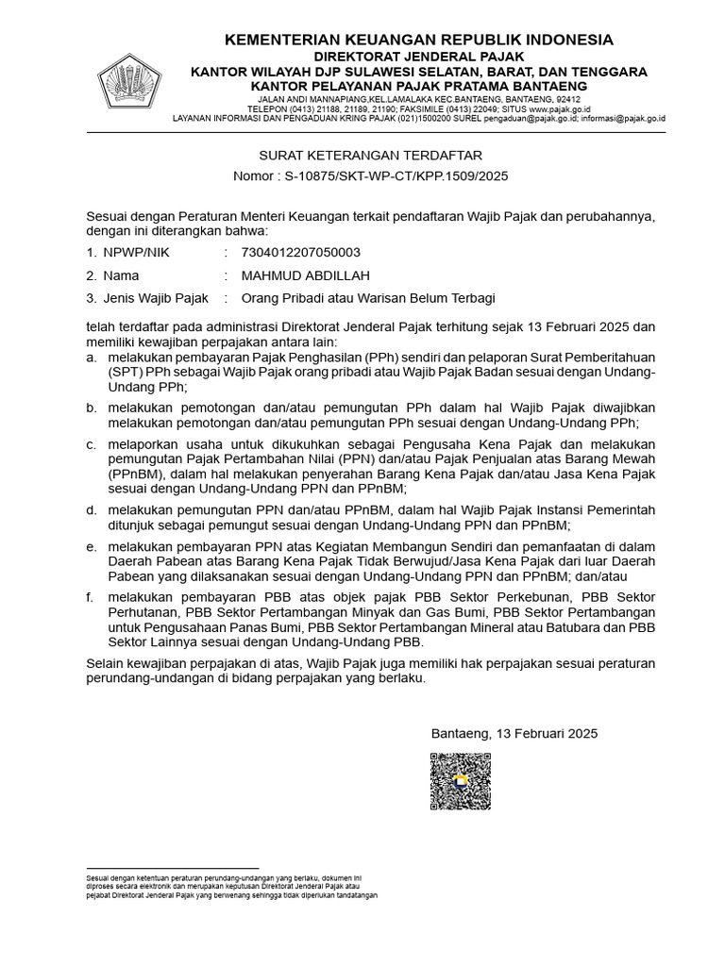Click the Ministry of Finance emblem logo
pos(130,81)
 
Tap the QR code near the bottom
pos(460,781)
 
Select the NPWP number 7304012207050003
pos(300,252)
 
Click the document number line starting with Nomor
pos(370,176)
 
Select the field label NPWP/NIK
pos(141,252)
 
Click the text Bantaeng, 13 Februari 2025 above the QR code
pos(514,733)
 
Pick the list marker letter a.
pos(90,359)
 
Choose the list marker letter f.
pos(89,596)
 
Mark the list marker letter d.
pos(90,510)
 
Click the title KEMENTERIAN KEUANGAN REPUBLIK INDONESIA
pos(418,40)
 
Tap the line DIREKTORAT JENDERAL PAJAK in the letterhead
pos(418,57)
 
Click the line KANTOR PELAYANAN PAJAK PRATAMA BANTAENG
pos(418,86)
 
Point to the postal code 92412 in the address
pos(567,98)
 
